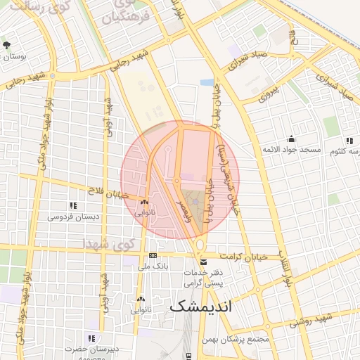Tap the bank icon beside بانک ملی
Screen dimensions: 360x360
click(153, 256)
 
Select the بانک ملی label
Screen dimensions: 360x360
click(152, 266)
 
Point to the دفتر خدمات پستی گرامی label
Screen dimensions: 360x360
click(202, 277)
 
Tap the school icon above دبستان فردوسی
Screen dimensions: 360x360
click(72, 205)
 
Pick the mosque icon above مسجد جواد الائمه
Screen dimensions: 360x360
click(291, 139)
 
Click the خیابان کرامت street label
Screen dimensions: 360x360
click(244, 257)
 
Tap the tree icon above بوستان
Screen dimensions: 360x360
click(6, 45)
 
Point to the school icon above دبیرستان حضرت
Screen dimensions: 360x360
click(91, 337)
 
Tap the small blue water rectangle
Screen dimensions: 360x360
click(207, 82)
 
